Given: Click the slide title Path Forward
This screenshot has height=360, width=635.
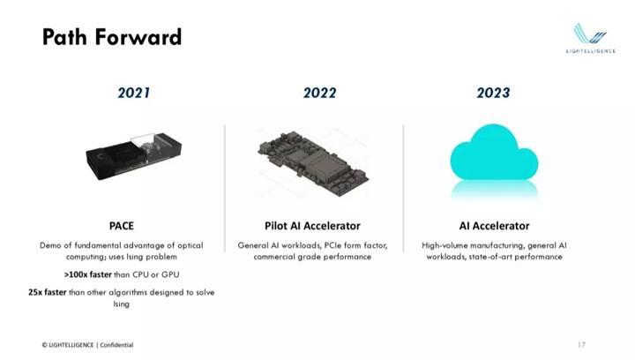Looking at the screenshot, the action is tap(112, 37).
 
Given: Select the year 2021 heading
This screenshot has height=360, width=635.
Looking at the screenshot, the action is tap(134, 93).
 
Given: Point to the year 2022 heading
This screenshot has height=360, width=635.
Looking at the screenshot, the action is tap(319, 93).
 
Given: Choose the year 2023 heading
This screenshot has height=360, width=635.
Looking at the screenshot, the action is tap(493, 93).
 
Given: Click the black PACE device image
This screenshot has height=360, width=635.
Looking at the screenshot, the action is tap(134, 156).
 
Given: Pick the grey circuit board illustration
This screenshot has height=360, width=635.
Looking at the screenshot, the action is tap(313, 164).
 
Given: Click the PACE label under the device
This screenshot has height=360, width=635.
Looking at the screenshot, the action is tap(122, 226).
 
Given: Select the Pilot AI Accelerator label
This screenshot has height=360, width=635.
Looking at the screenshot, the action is tap(312, 226).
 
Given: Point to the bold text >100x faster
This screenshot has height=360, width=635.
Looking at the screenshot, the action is tap(87, 274).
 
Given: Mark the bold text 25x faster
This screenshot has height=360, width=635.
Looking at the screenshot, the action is tap(47, 292).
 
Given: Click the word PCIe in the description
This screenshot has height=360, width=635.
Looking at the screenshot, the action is tap(332, 245).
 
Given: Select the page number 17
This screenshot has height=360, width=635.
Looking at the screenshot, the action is tap(581, 345).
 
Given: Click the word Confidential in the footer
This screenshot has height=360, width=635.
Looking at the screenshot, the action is tap(116, 345).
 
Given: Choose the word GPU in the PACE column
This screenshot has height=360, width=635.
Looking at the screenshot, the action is tap(170, 274).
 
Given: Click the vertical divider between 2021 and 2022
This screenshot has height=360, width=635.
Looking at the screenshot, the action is tap(225, 188).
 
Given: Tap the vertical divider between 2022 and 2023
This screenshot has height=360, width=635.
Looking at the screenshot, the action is tap(403, 188).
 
